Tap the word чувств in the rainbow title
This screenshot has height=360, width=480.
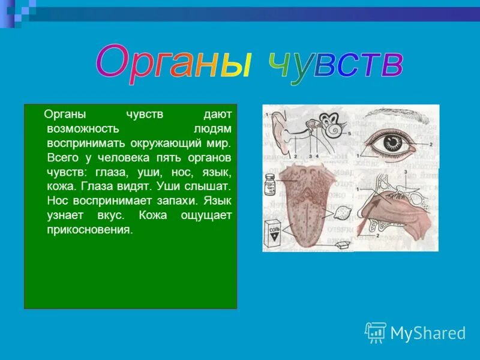(335, 63)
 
